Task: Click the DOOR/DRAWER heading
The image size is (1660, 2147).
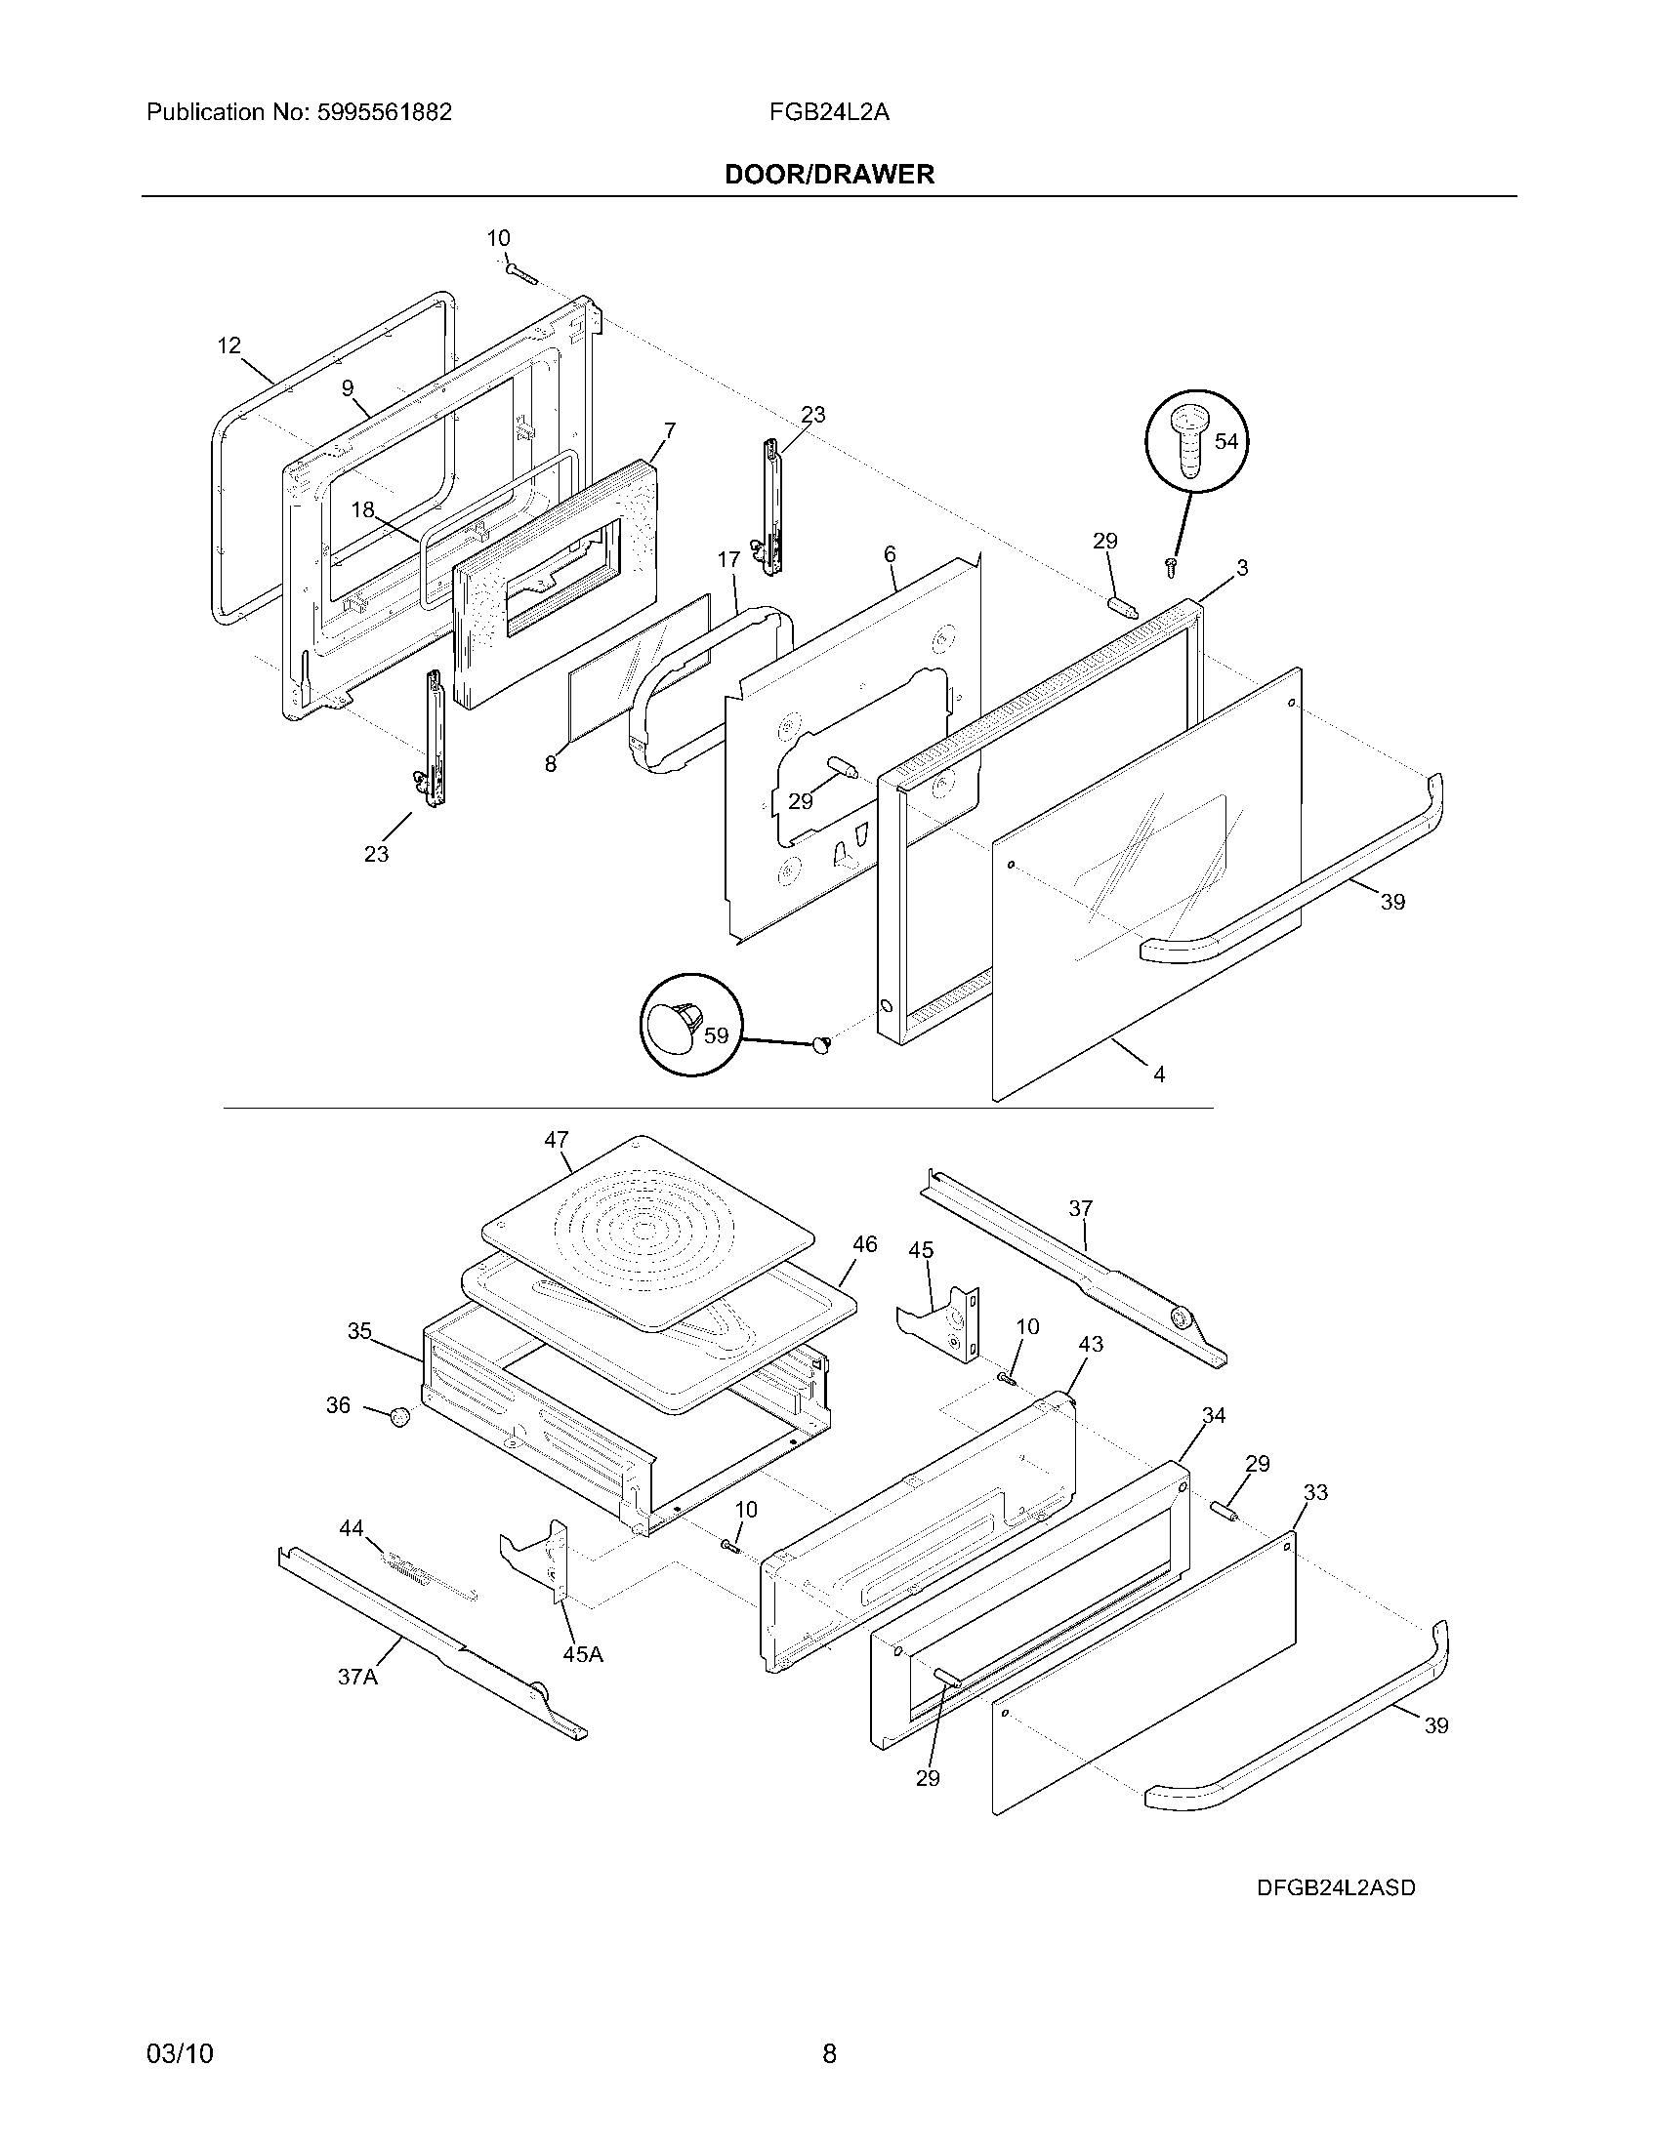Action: [x=829, y=175]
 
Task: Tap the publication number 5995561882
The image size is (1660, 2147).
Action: [x=385, y=112]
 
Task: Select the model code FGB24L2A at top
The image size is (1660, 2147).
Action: [x=829, y=112]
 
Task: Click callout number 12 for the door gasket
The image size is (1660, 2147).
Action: [x=228, y=346]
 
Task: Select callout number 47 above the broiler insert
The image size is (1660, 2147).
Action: [x=557, y=1139]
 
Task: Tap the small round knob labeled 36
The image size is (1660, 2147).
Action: [x=399, y=1417]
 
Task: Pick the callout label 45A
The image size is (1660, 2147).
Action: [x=582, y=1654]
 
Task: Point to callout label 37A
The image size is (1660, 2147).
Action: [x=357, y=1677]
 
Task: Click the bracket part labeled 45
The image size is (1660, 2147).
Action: [x=939, y=1317]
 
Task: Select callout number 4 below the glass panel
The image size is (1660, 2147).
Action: [x=1158, y=1075]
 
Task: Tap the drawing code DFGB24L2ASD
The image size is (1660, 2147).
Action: [x=1336, y=1887]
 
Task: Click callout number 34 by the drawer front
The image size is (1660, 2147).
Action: [x=1214, y=1416]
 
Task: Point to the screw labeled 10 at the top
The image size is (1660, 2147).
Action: [x=522, y=273]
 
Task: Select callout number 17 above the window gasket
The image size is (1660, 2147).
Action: [x=727, y=560]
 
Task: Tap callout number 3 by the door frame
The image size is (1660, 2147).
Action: [x=1242, y=568]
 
